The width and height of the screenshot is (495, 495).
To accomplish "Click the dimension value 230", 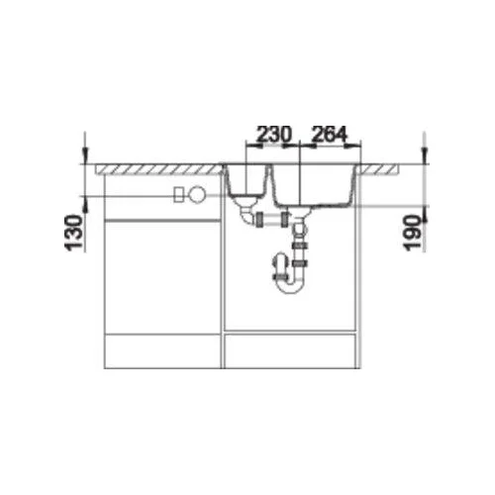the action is [x=274, y=134].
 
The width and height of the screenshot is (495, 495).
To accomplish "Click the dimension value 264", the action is [x=330, y=134].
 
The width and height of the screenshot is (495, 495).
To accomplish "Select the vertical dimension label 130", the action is [x=73, y=233].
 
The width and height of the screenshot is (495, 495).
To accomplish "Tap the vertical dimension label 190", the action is [x=413, y=233].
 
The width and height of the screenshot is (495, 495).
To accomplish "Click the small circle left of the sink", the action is [x=197, y=194].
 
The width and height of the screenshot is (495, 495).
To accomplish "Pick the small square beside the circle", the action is [x=179, y=194].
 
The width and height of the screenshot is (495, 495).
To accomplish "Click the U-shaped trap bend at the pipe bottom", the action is [x=289, y=286].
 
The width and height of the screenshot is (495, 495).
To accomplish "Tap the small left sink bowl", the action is [x=247, y=180].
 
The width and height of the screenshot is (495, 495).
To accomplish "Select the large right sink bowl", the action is [x=314, y=185].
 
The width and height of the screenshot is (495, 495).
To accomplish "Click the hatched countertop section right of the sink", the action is [x=379, y=169].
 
